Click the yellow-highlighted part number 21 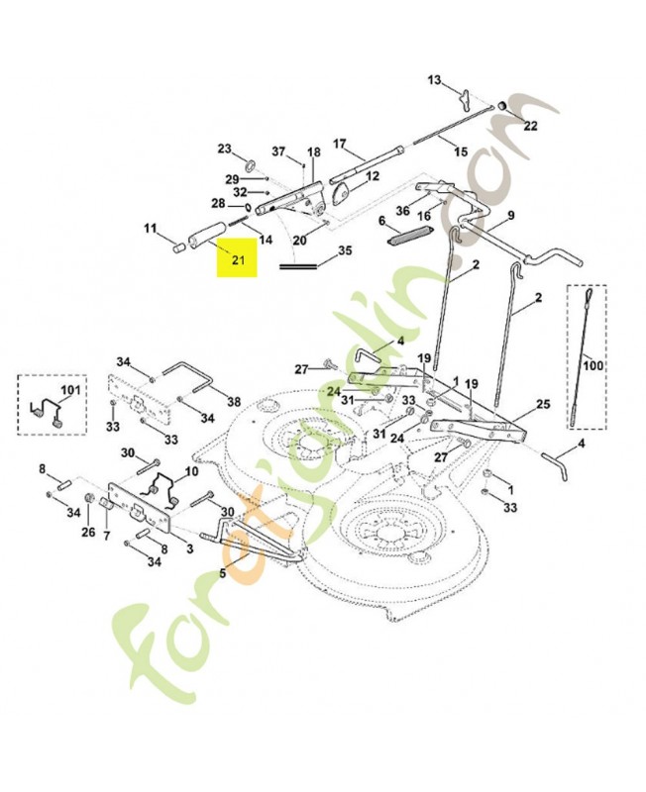click(x=238, y=260)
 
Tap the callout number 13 click(x=434, y=80)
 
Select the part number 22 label click(x=530, y=126)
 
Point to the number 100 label click(x=593, y=364)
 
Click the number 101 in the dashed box click(x=70, y=390)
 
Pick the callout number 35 click(x=345, y=251)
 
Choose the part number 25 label click(x=543, y=404)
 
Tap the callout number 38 click(x=234, y=402)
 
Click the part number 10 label click(x=192, y=472)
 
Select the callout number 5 click(x=222, y=574)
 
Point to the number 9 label click(x=511, y=216)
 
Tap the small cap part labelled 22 click(x=503, y=107)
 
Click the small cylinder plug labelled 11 click(x=177, y=249)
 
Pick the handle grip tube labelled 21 click(x=206, y=234)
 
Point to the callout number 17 click(x=339, y=144)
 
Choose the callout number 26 click(x=88, y=532)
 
